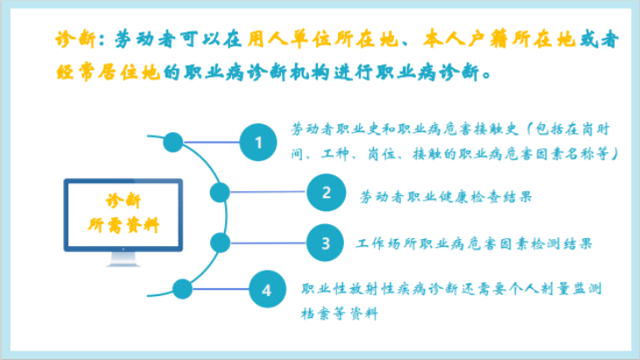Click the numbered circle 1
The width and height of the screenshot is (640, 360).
258,143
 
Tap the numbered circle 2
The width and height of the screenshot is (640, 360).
326,193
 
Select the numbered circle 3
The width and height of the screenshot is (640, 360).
326,243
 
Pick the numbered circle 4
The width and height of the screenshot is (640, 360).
267,289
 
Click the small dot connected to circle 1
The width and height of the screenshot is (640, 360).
173,143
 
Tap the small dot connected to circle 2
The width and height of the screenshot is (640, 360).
220,192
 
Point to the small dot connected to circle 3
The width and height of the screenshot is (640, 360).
220,243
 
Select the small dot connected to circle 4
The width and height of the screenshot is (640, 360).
182,289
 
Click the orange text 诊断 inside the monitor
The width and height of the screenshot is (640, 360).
123,201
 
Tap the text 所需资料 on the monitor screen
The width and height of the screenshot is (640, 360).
123,225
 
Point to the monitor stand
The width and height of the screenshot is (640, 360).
123,259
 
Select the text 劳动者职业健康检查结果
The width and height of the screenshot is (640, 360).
446,197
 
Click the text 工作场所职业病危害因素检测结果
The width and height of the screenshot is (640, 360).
474,244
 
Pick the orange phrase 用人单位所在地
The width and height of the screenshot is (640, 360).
322,39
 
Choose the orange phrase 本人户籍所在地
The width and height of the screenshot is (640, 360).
499,39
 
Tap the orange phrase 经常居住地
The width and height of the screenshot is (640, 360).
108,72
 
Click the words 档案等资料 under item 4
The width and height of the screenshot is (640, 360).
340,314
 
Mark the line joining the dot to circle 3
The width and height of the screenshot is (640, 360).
268,243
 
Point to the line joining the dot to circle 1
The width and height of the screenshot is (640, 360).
211,142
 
